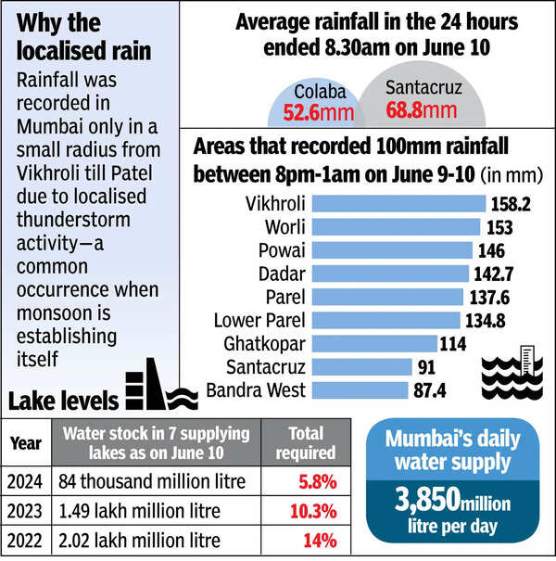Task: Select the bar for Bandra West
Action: point(361,390)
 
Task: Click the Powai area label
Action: point(278,251)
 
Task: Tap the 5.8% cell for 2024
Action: point(310,481)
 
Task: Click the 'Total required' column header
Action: point(307,443)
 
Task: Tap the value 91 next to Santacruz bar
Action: point(425,367)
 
